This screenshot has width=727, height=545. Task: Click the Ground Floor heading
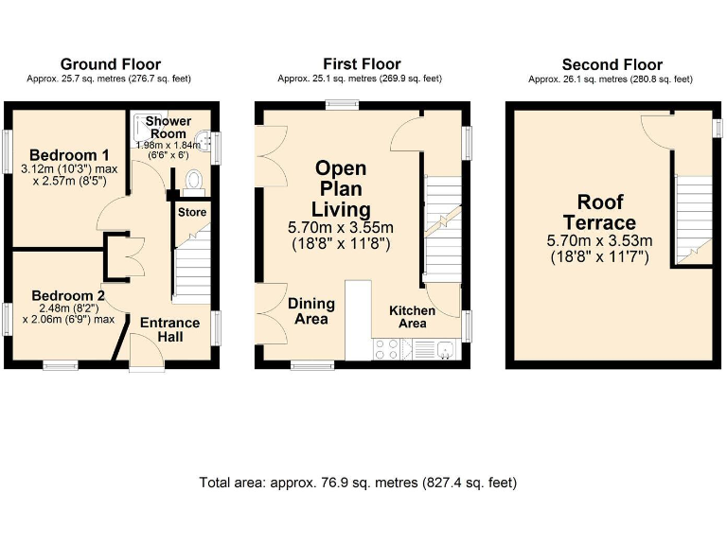pos(111,64)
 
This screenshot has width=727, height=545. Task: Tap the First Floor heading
pos(362,64)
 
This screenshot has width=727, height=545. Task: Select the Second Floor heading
pos(612,64)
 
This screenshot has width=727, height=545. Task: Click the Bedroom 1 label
pos(62,155)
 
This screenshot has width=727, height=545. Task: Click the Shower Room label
pos(168,128)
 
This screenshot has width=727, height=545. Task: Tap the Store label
pos(192,212)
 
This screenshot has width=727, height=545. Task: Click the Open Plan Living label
pos(342,188)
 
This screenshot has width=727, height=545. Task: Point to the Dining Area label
pos(311,311)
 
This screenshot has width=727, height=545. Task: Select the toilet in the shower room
pos(193,180)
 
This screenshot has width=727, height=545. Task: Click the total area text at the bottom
pos(358,483)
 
